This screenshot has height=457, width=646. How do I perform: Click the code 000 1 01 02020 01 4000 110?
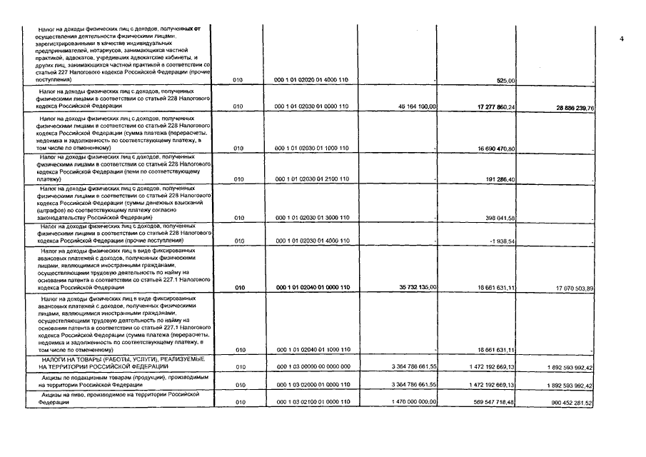pyautogui.click(x=311, y=80)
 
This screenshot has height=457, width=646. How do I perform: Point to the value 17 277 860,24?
pyautogui.click(x=505, y=106)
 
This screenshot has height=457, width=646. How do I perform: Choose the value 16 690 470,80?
pyautogui.click(x=505, y=148)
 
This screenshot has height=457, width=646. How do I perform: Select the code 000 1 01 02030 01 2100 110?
pyautogui.click(x=311, y=179)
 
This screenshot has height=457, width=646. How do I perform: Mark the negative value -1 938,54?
pyautogui.click(x=510, y=241)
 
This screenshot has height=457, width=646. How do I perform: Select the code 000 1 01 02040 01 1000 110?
pyautogui.click(x=311, y=349)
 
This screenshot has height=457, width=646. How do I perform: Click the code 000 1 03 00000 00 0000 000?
pyautogui.click(x=311, y=366)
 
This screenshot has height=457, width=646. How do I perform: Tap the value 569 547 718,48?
pyautogui.click(x=504, y=403)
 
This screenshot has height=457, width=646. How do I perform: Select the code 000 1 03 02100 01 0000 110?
pyautogui.click(x=311, y=403)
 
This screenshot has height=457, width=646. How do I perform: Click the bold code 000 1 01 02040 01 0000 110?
pyautogui.click(x=311, y=287)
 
